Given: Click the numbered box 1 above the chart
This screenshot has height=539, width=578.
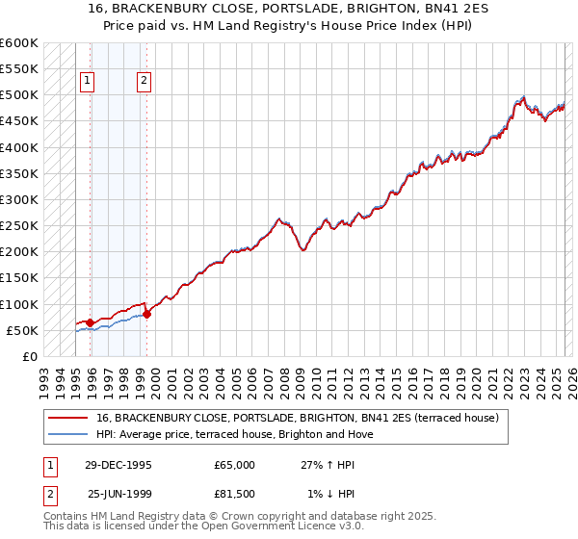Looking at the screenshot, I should pyautogui.click(x=88, y=82).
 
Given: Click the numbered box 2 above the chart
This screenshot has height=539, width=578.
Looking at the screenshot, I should pyautogui.click(x=144, y=82).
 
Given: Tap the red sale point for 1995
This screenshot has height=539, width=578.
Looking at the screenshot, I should pyautogui.click(x=91, y=322).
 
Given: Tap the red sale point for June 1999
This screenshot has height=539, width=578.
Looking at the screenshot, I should pyautogui.click(x=146, y=314).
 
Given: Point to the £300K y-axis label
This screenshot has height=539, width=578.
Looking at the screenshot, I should pyautogui.click(x=18, y=199).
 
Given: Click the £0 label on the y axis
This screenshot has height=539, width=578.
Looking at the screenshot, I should pyautogui.click(x=29, y=356).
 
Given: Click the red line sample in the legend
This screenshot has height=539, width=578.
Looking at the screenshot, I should pyautogui.click(x=68, y=419).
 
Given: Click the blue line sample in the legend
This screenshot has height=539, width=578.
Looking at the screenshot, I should pyautogui.click(x=68, y=434).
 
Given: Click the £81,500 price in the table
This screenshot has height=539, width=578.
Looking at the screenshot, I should pyautogui.click(x=234, y=495).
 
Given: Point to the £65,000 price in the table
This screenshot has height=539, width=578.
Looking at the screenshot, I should pyautogui.click(x=234, y=464).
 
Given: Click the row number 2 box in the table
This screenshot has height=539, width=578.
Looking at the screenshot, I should pyautogui.click(x=49, y=495).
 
